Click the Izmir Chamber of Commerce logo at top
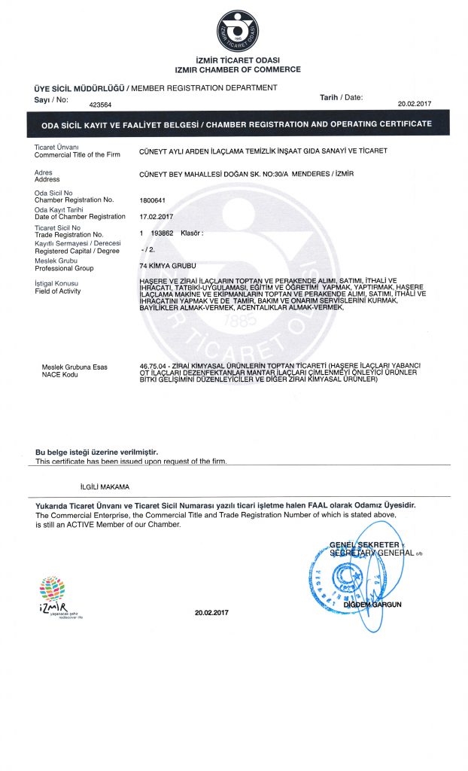(237, 32)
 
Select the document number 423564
(100, 105)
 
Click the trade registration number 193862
(163, 234)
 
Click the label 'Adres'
(44, 172)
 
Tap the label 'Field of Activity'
(58, 291)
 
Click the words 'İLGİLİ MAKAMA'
(105, 486)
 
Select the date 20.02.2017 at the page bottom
(211, 612)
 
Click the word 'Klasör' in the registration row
(192, 234)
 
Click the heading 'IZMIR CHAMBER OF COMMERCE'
(237, 69)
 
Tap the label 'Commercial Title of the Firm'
(77, 154)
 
